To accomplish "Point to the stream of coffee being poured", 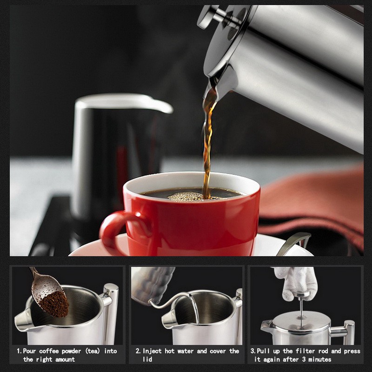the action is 208,142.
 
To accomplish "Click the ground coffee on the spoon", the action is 54,304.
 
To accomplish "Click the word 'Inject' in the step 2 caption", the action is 152,351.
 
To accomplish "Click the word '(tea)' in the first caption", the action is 93,351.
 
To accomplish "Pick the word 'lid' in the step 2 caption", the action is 147,359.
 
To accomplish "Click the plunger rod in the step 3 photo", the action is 301,311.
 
